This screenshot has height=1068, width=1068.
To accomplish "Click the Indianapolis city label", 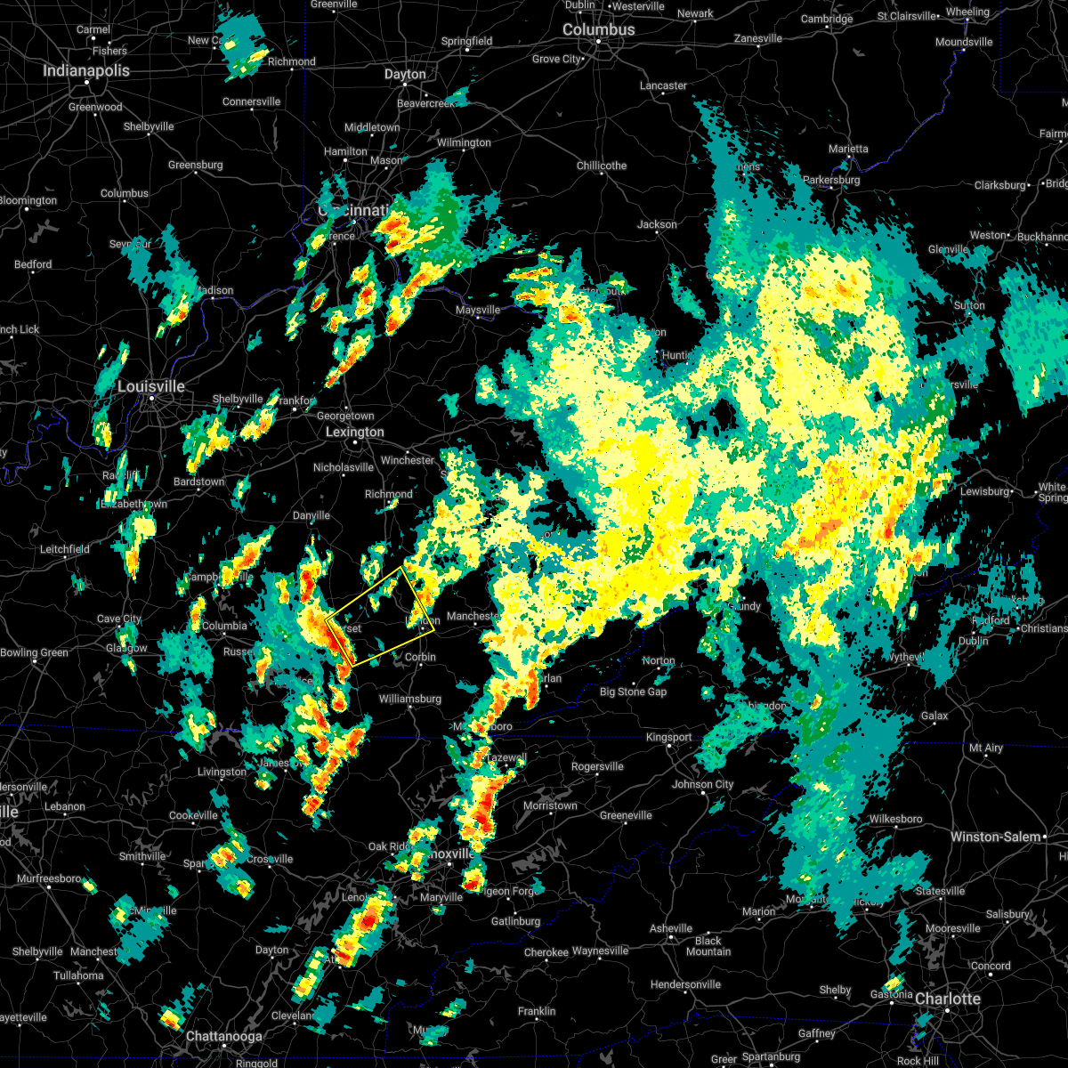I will (86, 70).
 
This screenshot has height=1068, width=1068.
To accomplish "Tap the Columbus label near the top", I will (599, 29).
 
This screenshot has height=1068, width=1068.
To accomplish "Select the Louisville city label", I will (151, 386).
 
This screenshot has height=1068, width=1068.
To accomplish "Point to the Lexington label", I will (355, 432).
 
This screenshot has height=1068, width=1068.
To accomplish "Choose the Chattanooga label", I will (223, 1036).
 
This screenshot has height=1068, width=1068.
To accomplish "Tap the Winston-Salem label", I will (995, 837).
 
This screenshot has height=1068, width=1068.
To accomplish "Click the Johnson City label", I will (702, 784).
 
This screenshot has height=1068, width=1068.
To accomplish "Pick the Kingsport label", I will (668, 737).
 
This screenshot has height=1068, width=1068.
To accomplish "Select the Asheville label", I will (671, 928).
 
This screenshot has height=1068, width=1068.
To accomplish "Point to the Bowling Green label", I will (33, 652).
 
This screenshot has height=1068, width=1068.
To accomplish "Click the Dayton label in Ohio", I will (405, 74).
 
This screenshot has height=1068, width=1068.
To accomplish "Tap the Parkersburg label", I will (831, 180).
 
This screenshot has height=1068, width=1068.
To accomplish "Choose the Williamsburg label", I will (409, 699).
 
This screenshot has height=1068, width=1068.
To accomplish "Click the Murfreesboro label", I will (49, 878).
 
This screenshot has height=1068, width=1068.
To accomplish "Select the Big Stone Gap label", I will (633, 692).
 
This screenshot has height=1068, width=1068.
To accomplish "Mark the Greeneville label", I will (626, 815).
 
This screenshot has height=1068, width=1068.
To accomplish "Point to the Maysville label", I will (478, 310).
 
